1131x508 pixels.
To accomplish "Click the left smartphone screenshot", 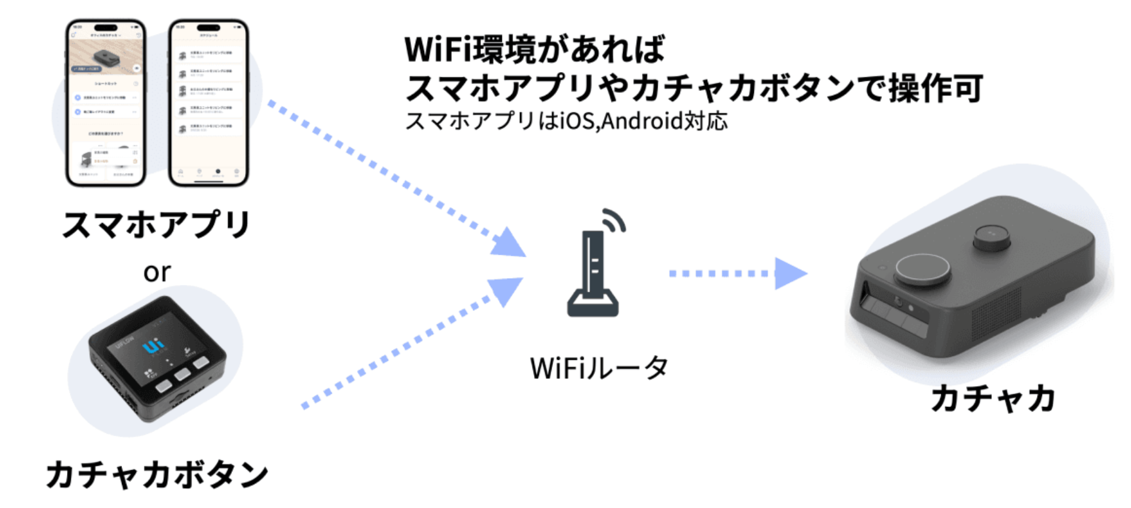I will tap(106, 103).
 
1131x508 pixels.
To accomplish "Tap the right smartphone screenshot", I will tap(209, 103).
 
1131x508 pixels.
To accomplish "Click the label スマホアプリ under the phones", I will tap(156, 225).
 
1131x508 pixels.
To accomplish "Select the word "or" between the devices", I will tap(157, 273).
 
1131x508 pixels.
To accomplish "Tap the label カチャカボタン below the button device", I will tap(157, 474).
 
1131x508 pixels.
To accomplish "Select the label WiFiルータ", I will tap(598, 368).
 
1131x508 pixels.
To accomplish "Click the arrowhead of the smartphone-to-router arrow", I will tap(508, 244).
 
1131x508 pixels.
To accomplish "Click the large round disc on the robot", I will tap(922, 271).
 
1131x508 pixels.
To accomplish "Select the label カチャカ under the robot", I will tap(993, 399).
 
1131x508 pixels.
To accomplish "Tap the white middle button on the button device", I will tap(183, 374).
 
